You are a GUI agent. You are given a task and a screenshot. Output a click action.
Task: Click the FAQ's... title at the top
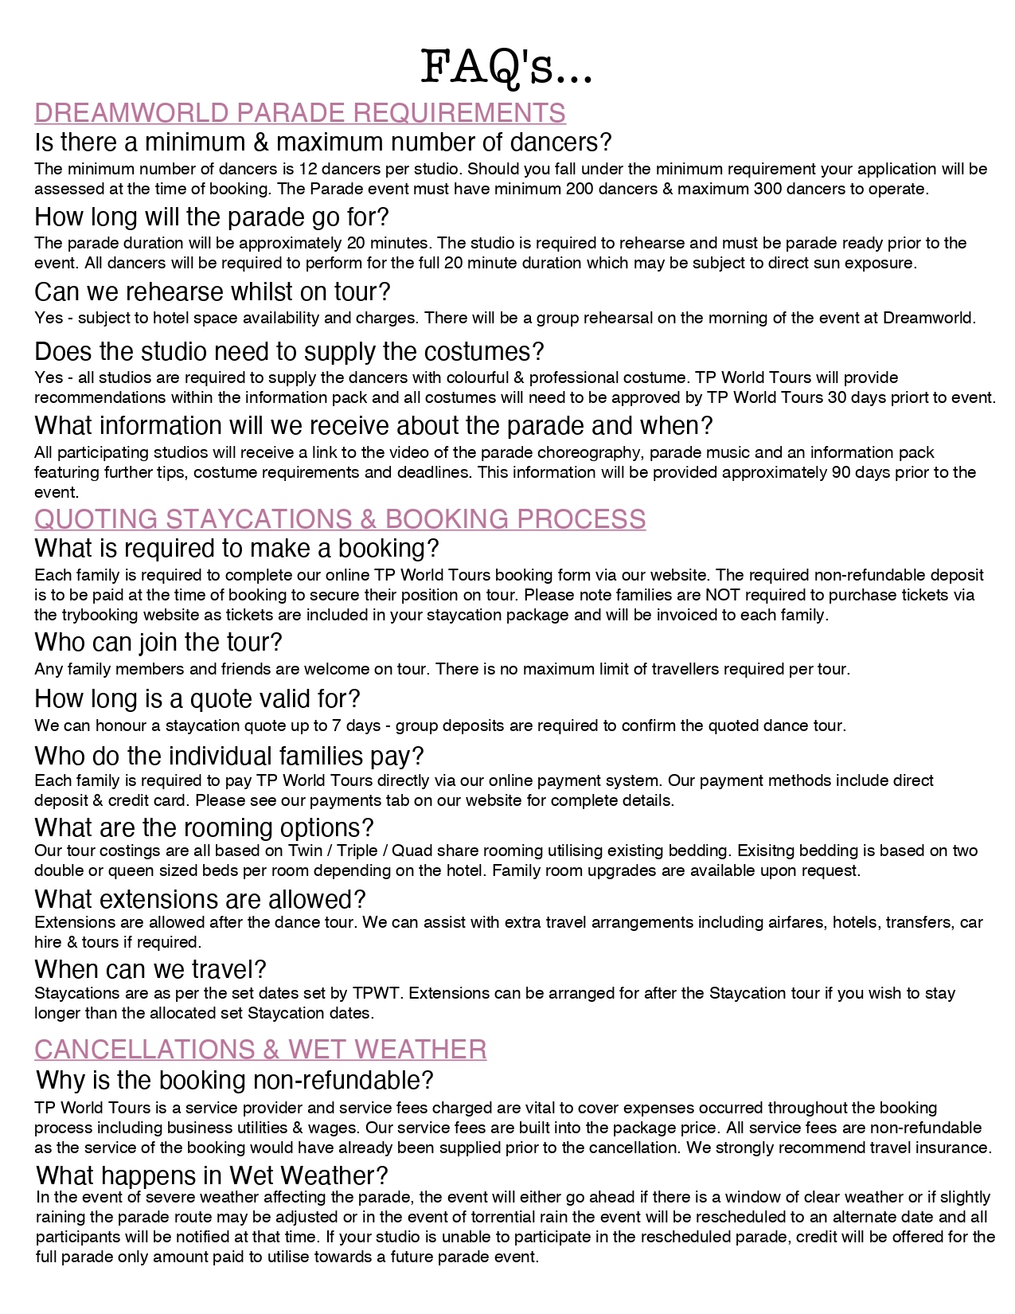click(x=506, y=67)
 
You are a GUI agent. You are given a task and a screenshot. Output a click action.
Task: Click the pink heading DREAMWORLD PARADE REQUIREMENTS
click(x=300, y=113)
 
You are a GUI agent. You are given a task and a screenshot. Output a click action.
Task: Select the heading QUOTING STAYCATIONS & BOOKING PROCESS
click(x=340, y=519)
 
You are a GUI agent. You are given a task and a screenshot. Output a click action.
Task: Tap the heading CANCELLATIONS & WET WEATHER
click(x=260, y=1050)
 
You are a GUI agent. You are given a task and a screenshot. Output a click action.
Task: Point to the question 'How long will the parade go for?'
click(x=212, y=217)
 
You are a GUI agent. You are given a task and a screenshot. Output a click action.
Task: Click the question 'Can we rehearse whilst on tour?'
click(x=213, y=291)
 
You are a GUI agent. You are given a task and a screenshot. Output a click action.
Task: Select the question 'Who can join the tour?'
click(x=158, y=642)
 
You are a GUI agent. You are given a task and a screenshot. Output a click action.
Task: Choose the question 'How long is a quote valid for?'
click(x=197, y=698)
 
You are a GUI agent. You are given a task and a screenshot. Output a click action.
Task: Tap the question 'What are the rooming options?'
click(x=204, y=827)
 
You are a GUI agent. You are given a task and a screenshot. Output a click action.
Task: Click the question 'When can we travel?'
click(x=150, y=969)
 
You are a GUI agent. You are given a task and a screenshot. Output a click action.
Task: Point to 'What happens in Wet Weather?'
click(x=212, y=1175)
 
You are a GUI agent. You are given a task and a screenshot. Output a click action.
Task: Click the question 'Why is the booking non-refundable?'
click(x=235, y=1081)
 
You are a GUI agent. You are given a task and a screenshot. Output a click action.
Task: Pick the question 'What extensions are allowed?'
click(x=200, y=899)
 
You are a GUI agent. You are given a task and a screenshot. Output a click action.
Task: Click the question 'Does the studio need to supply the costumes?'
click(x=289, y=351)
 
